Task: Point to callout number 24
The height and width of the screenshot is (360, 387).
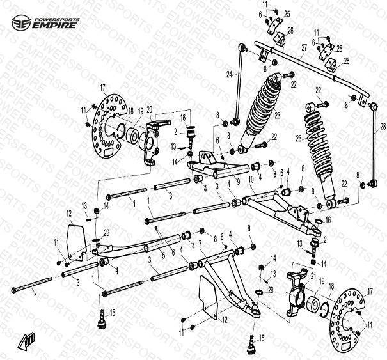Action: tap(230, 74)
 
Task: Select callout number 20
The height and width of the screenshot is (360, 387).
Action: tap(149, 109)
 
